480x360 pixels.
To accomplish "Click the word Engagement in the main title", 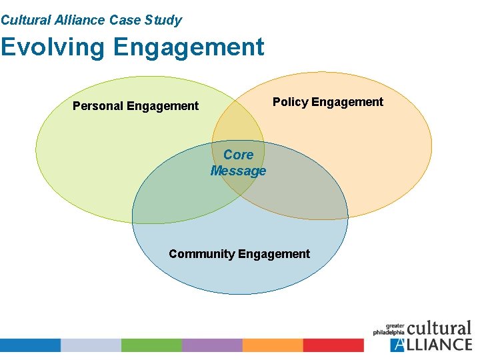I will (x=189, y=47).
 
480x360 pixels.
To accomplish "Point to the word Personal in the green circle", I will (x=97, y=106).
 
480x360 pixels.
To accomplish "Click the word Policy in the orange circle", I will (x=290, y=102).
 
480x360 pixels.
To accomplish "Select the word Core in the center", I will (x=238, y=155).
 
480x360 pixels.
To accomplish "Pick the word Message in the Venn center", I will (x=238, y=171).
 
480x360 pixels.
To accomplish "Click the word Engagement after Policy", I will (x=347, y=102).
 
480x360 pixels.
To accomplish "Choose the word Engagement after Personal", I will (x=163, y=106).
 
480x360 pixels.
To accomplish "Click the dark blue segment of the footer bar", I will (x=30, y=345).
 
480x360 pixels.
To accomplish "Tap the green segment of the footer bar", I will (x=151, y=345).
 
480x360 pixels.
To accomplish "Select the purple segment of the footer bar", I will (x=212, y=345).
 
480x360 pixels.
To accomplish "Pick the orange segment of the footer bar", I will (x=273, y=345).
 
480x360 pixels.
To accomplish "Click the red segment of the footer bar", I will (x=333, y=345).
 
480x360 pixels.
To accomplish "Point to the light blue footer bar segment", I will (x=91, y=345).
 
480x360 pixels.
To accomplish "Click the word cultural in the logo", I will (x=439, y=329).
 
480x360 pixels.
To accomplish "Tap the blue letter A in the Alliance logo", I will (x=398, y=345).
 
